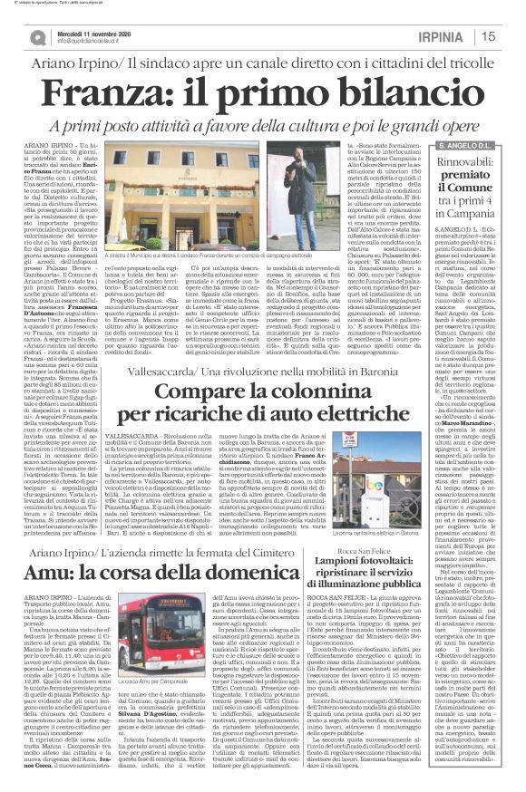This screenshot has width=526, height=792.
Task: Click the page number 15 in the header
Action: pyautogui.click(x=512, y=36)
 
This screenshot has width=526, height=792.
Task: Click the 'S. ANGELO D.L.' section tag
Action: pyautogui.click(x=465, y=145)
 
